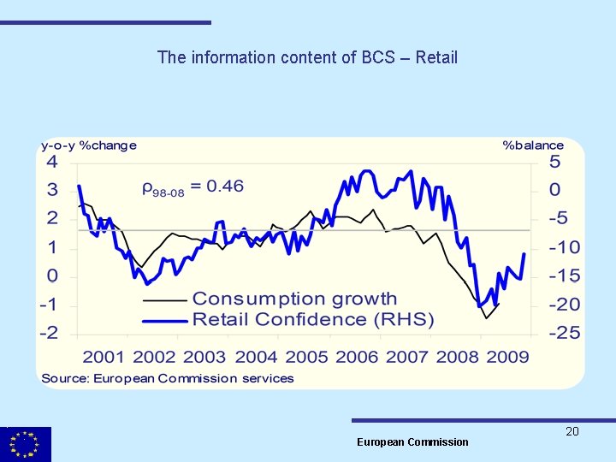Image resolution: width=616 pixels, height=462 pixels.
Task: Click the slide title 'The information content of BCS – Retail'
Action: pos(307,57)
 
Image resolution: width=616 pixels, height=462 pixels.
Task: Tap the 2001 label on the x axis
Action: pos(104,357)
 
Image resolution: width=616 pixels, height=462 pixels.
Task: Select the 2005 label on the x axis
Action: pos(306,357)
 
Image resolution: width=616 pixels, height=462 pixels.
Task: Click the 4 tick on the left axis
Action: pos(52,163)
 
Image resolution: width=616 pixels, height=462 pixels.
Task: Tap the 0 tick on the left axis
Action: pos(52,275)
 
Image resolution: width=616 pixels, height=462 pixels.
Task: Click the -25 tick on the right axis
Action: pos(564,333)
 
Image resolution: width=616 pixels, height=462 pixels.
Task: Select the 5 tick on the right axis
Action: pos(554,163)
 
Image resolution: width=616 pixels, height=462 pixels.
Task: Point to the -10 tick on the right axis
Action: pos(564,247)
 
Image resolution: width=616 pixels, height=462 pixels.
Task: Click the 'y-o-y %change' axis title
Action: pos(89,145)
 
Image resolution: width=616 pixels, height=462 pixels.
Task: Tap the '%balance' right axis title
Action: pos(533,145)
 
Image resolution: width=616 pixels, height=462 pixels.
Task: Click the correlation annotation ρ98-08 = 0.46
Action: pos(192,187)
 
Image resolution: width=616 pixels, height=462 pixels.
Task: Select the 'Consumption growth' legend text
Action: pos(294,299)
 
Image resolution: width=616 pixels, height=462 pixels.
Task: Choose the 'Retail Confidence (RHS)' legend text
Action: pos(313,320)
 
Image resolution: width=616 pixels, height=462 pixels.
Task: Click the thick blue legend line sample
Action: pos(164,320)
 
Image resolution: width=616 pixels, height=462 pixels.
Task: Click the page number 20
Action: pos(572,431)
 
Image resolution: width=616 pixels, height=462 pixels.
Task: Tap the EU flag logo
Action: pos(26,444)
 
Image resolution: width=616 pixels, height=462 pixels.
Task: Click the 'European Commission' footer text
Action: pos(412,442)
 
